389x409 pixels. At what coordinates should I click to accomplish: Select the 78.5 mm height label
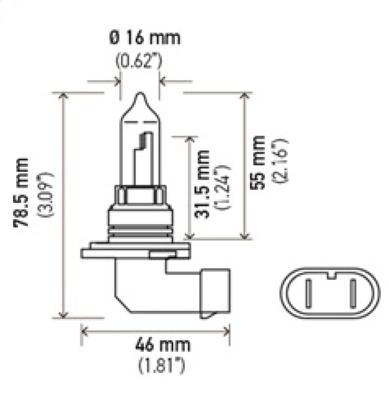click(22, 192)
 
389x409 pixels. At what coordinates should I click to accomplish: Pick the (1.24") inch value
click(224, 187)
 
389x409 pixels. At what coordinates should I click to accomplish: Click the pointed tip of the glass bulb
click(139, 95)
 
